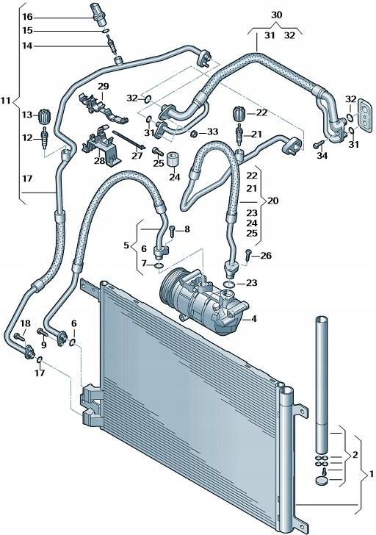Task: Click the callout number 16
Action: pyautogui.click(x=27, y=16)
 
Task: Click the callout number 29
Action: pyautogui.click(x=104, y=87)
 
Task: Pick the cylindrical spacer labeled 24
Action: pyautogui.click(x=174, y=161)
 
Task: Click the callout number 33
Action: pyautogui.click(x=212, y=132)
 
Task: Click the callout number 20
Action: pyautogui.click(x=272, y=200)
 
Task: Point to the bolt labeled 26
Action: pyautogui.click(x=247, y=255)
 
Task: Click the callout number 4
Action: pyautogui.click(x=254, y=319)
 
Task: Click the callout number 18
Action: pyautogui.click(x=24, y=324)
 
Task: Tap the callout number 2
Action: pyautogui.click(x=355, y=455)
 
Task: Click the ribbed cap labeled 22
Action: pyautogui.click(x=238, y=115)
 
